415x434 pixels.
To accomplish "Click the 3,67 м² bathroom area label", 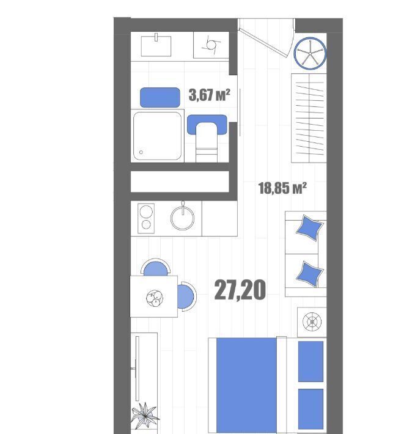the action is (x=209, y=95).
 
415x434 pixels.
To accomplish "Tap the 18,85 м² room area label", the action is (x=282, y=188).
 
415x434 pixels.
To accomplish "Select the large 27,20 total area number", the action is (x=240, y=290).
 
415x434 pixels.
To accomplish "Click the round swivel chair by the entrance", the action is (x=310, y=53).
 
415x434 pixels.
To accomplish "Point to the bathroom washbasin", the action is (x=156, y=45).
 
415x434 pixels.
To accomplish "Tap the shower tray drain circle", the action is (x=141, y=152).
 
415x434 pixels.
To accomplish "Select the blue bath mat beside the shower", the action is (x=160, y=97).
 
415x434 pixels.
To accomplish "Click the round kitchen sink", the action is (x=182, y=218).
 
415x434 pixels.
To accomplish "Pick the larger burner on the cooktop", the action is (x=146, y=212).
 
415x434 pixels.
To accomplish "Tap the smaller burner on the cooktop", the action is (x=146, y=224).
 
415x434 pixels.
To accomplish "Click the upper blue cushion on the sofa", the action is (x=310, y=228).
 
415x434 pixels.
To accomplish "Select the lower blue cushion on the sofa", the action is (x=310, y=274).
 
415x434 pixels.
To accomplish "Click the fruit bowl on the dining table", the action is (x=155, y=298).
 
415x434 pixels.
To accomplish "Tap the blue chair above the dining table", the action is (x=155, y=268).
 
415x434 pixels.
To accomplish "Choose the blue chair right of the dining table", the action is (x=187, y=296).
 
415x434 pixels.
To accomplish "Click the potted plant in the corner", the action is (x=145, y=416).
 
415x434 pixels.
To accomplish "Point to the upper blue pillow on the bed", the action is (x=310, y=361).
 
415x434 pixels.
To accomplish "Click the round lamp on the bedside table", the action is (x=312, y=322).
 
